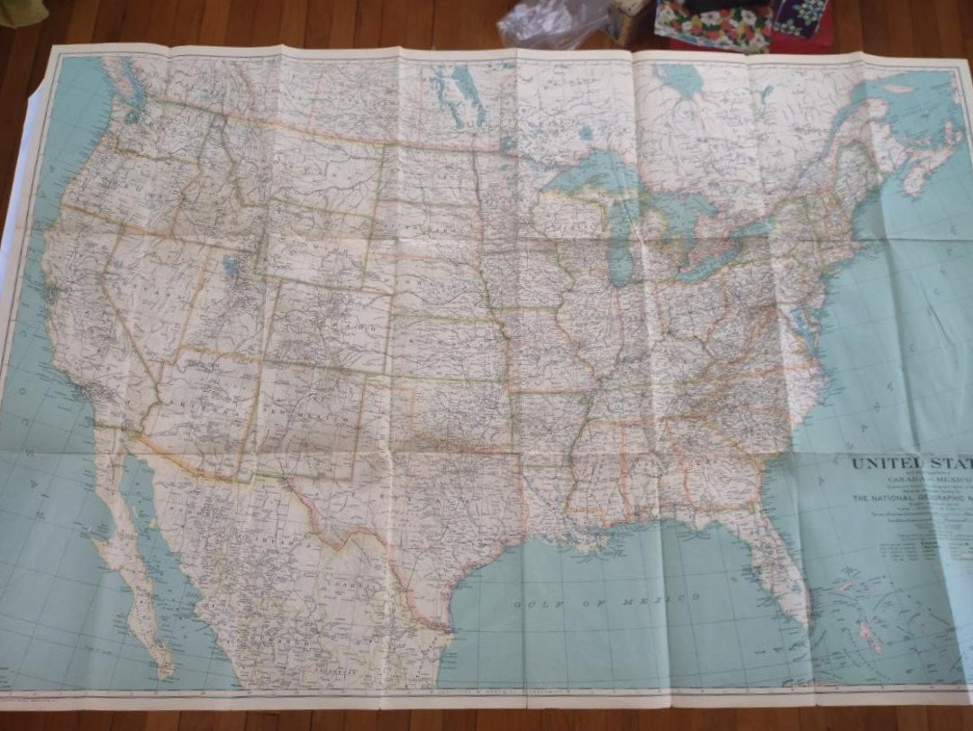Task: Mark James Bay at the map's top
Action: pos(680,81)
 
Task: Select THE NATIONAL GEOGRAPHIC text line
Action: pos(910,498)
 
